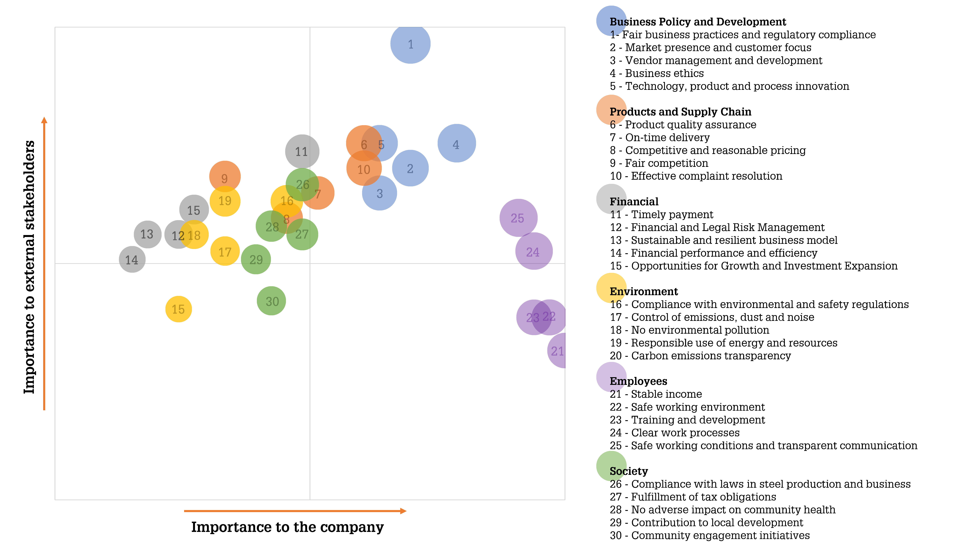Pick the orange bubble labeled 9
tap(225, 176)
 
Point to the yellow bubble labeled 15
tap(178, 309)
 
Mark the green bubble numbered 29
tap(256, 259)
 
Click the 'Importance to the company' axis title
tap(287, 527)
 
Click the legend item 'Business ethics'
tap(657, 73)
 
